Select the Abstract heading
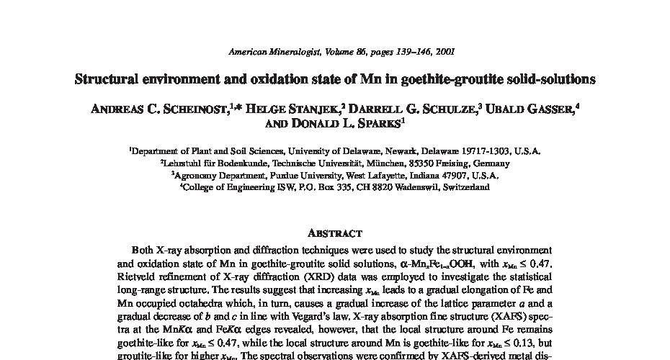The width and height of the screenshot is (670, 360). tap(334, 233)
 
